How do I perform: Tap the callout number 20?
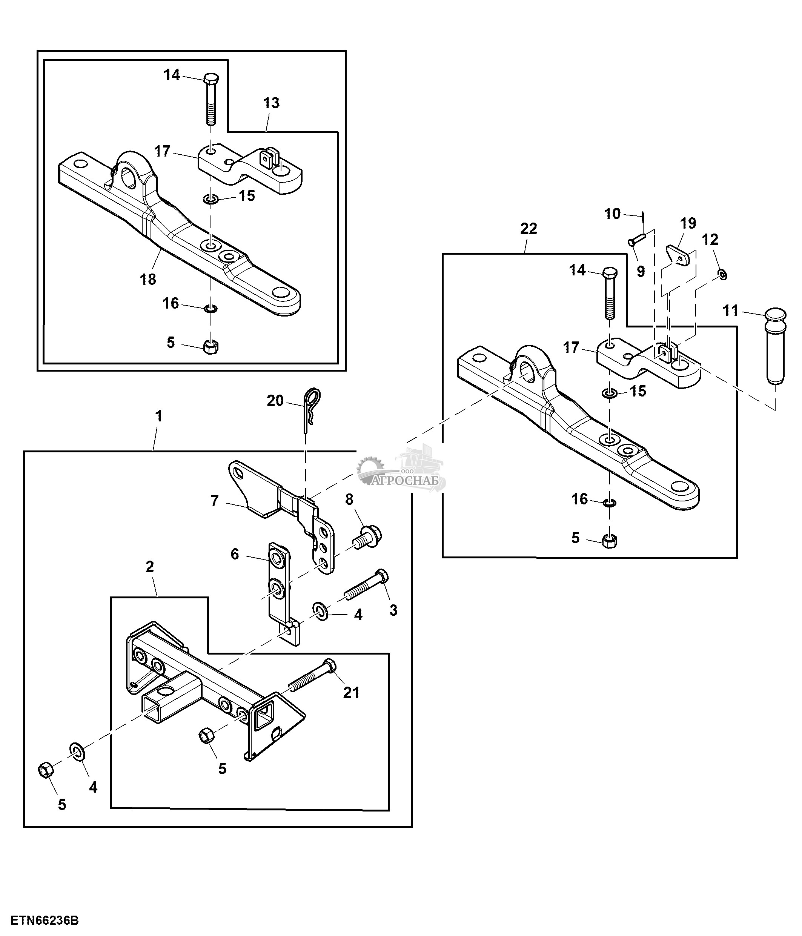point(275,400)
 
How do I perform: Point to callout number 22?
point(529,229)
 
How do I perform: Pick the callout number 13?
point(271,103)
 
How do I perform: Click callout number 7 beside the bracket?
point(215,501)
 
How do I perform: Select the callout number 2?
point(150,567)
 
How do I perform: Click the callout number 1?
point(158,416)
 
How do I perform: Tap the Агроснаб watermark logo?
point(402,472)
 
